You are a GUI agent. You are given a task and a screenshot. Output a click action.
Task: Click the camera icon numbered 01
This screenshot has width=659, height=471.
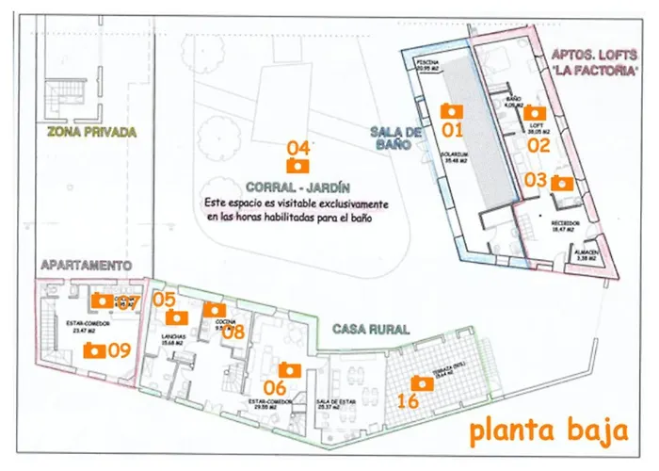click(x=452, y=110)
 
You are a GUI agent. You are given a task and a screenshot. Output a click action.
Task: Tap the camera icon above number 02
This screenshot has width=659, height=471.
click(x=537, y=111)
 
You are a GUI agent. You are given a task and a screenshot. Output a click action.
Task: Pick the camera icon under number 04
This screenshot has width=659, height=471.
click(x=298, y=165)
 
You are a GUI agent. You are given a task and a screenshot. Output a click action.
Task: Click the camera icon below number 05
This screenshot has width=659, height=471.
click(x=177, y=317)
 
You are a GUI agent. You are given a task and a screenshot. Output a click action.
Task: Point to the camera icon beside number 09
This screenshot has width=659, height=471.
click(x=93, y=350)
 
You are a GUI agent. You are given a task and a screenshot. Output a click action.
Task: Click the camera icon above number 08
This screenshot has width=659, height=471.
click(x=215, y=309)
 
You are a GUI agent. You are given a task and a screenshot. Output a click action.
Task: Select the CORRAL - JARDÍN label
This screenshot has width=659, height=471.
click(x=297, y=187)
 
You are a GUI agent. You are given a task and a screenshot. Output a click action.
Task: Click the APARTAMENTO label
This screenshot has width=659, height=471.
click(x=85, y=267)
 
